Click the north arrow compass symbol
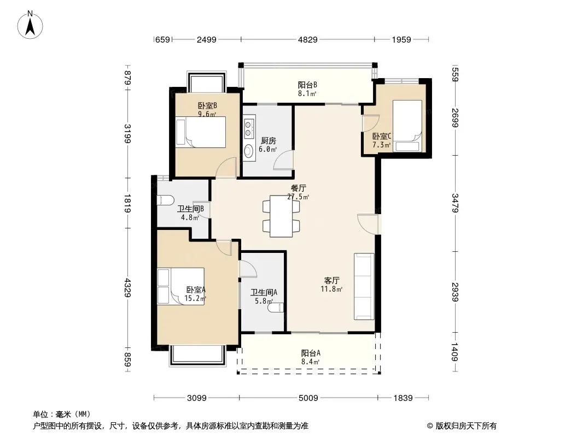click(30, 25)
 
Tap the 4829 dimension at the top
click(308, 39)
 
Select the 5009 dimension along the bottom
click(308, 398)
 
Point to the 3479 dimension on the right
click(454, 203)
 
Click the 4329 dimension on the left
click(127, 287)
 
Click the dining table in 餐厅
click(281, 216)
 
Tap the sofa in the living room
click(364, 286)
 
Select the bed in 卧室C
click(407, 126)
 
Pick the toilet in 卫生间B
click(166, 200)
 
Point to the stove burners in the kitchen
click(248, 128)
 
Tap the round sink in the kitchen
click(248, 151)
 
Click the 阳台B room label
click(307, 85)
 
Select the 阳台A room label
click(311, 353)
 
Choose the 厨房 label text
click(268, 141)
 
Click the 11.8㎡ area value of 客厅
click(331, 289)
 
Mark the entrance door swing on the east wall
click(368, 225)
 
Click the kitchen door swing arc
click(283, 161)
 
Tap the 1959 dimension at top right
click(401, 39)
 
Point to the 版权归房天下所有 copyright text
click(466, 426)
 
